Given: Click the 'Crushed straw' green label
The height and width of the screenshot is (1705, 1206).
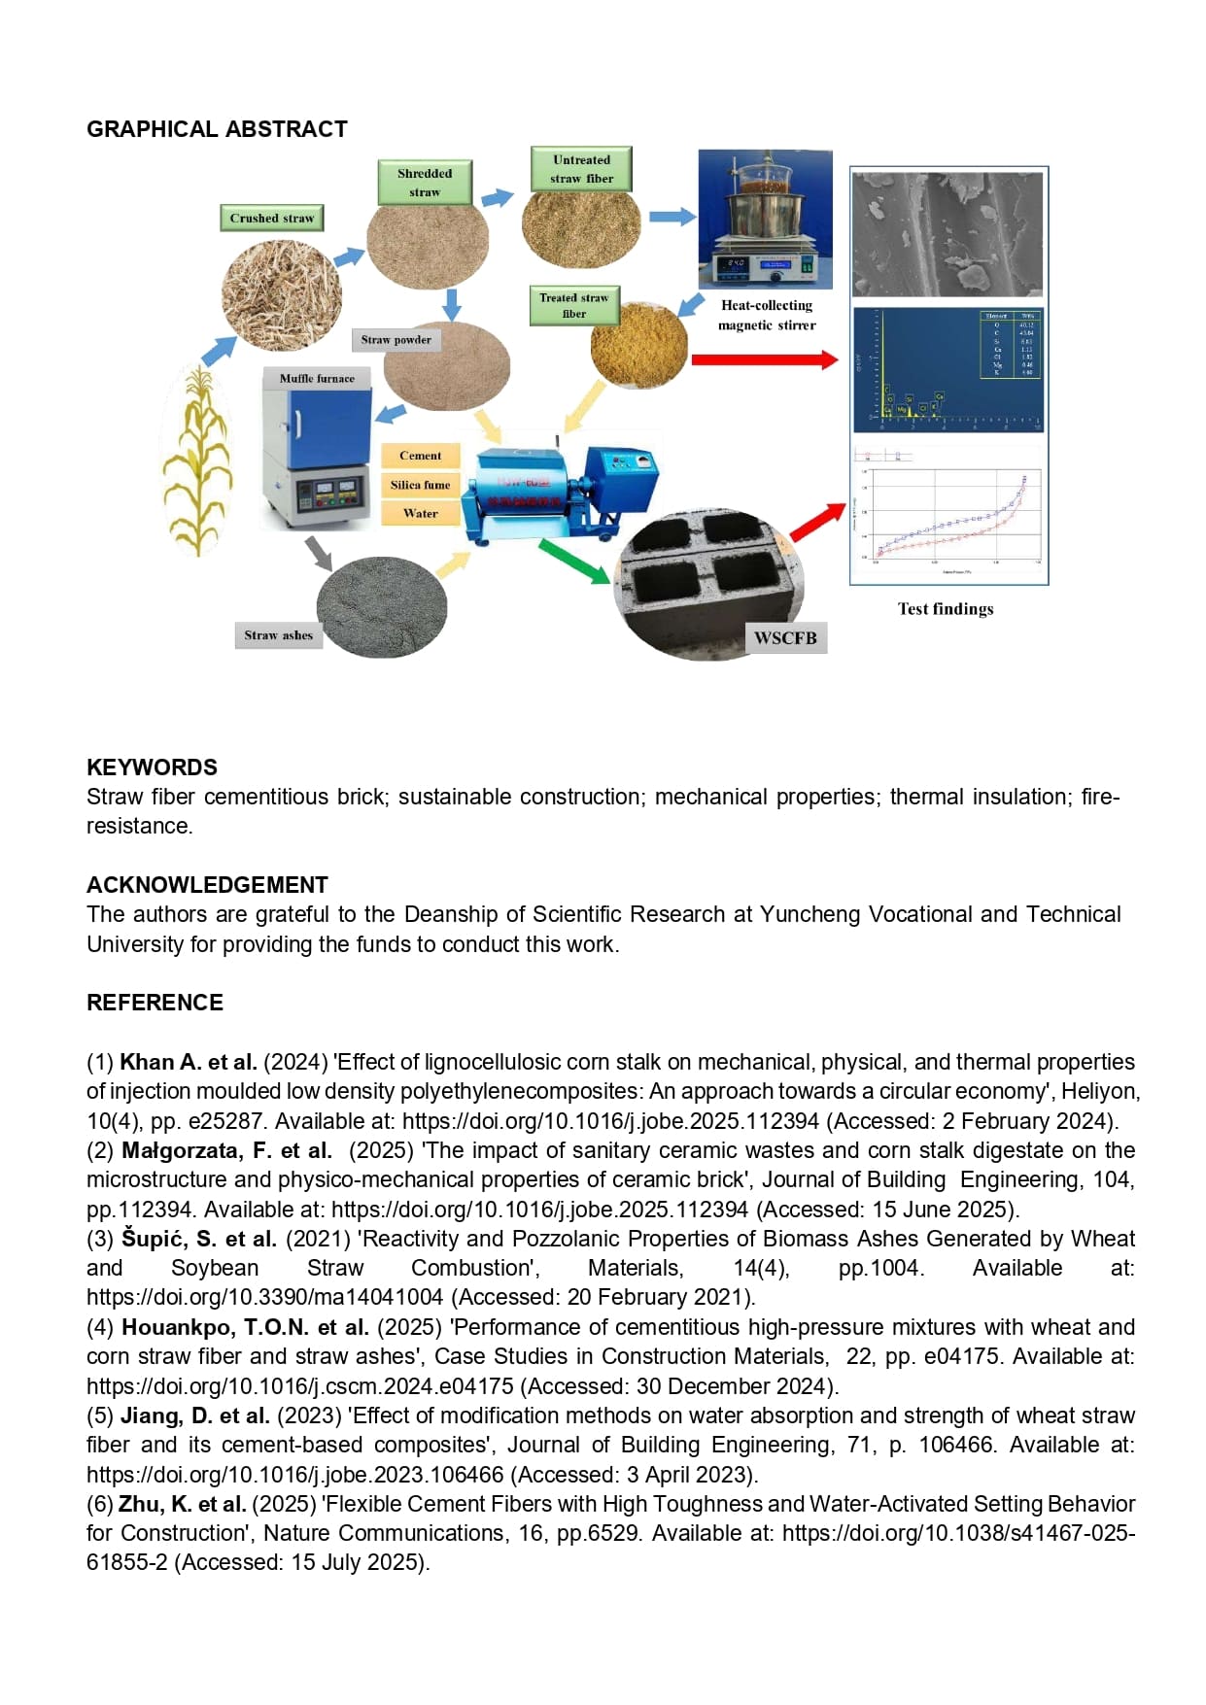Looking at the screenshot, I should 271,219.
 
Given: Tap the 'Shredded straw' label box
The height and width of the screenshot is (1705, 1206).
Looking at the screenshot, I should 425,183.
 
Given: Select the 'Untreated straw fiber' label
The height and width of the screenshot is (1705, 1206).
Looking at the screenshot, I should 581,169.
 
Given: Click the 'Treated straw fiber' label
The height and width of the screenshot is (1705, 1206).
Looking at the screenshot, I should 573,305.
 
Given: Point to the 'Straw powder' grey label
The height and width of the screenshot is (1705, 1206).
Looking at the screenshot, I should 396,340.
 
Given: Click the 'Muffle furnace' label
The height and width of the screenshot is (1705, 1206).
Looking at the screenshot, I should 317,378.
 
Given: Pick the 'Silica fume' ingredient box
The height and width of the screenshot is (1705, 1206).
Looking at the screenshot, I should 420,485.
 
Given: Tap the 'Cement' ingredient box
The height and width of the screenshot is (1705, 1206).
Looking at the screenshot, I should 420,456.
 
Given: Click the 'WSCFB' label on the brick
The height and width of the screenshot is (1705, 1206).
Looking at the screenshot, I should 785,638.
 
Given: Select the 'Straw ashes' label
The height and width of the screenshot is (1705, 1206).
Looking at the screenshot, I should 278,635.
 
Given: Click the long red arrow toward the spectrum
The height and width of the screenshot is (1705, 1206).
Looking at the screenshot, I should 764,359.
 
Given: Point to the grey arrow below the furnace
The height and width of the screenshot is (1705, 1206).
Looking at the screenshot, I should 318,552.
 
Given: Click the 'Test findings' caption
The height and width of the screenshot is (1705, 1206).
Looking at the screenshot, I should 945,609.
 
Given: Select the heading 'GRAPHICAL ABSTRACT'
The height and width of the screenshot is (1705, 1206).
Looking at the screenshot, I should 217,129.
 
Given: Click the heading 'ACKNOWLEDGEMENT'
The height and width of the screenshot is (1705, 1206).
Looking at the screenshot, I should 207,885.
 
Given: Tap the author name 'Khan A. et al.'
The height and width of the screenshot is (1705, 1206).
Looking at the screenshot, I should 189,1062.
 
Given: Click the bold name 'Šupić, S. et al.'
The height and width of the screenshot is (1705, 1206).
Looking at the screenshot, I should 199,1239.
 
